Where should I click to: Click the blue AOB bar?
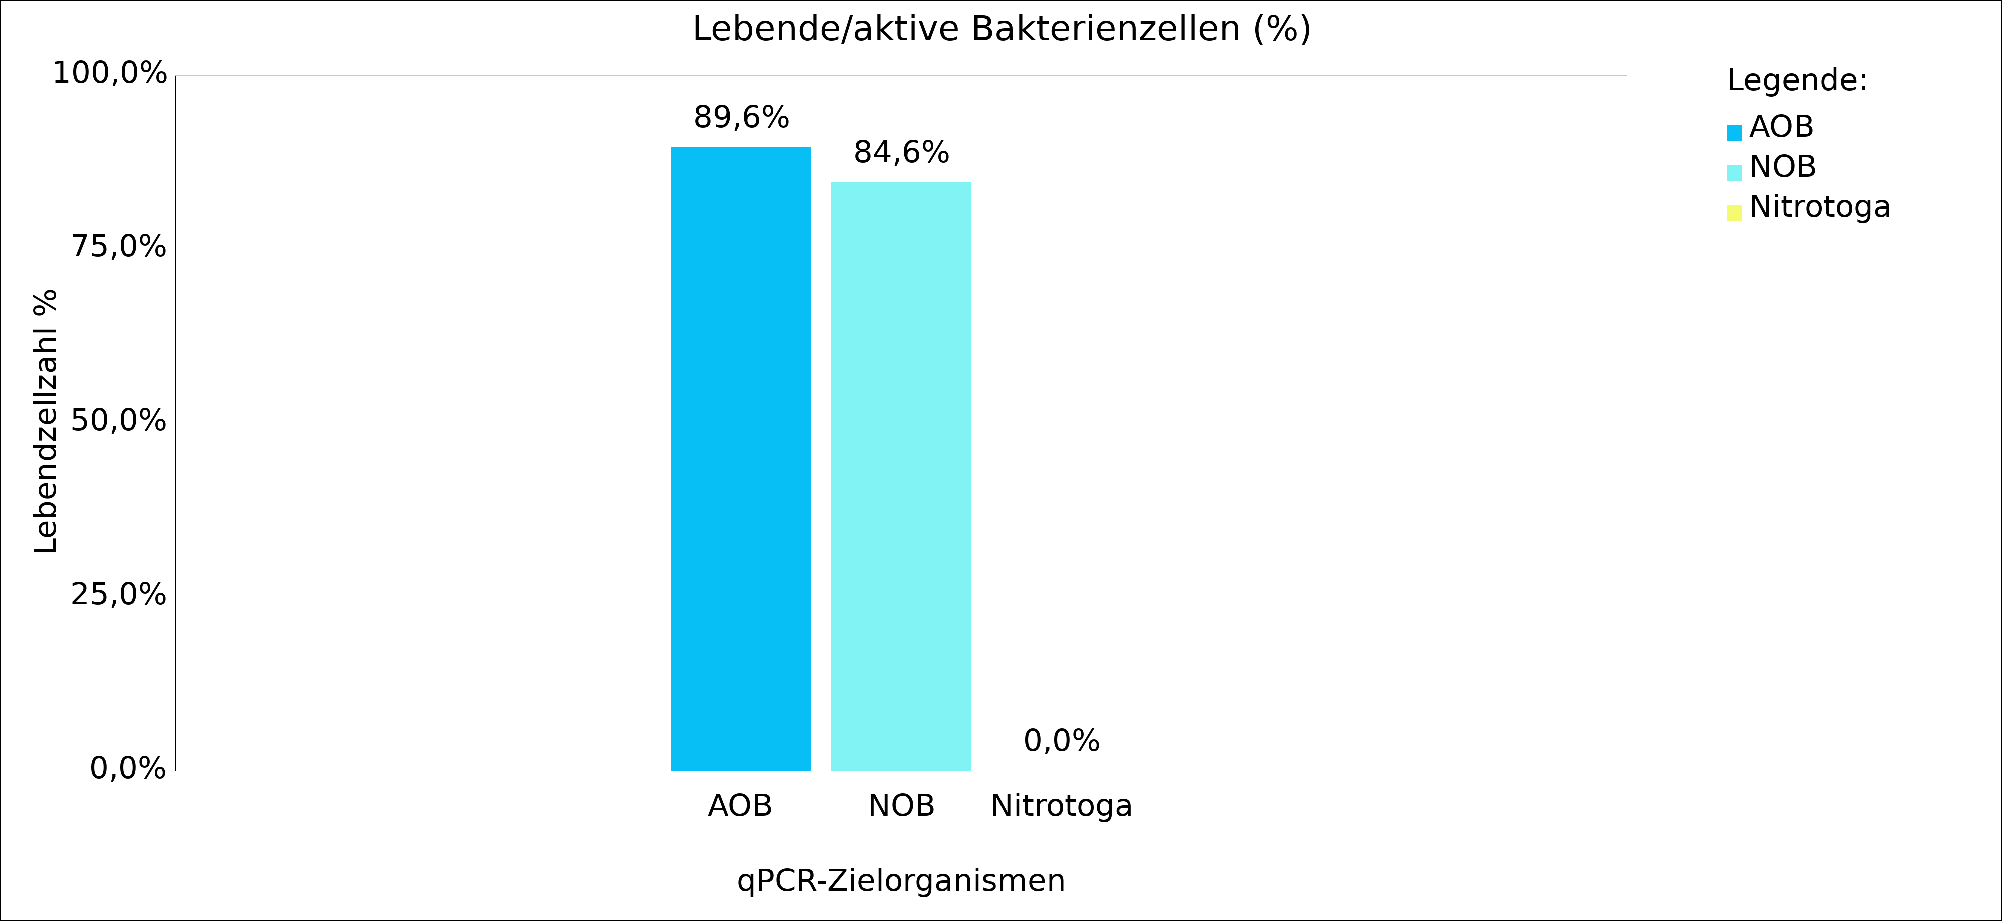[x=741, y=458]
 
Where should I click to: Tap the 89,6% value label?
[x=741, y=117]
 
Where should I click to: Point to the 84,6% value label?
[x=901, y=152]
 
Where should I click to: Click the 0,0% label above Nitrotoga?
[x=1061, y=741]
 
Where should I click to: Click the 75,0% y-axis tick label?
[x=118, y=247]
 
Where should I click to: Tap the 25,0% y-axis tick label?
[x=118, y=595]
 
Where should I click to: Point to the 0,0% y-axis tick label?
[x=128, y=769]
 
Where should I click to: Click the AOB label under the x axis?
[x=740, y=806]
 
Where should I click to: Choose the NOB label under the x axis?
[x=901, y=806]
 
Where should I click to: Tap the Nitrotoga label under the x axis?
[x=1061, y=806]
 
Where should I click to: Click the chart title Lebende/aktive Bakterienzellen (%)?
[x=1001, y=29]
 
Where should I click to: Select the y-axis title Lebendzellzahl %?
[x=45, y=421]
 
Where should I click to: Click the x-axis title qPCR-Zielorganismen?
[x=901, y=880]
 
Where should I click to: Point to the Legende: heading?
[x=1797, y=80]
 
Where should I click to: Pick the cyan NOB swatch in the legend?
[x=1734, y=173]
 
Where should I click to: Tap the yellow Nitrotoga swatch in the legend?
[x=1734, y=213]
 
